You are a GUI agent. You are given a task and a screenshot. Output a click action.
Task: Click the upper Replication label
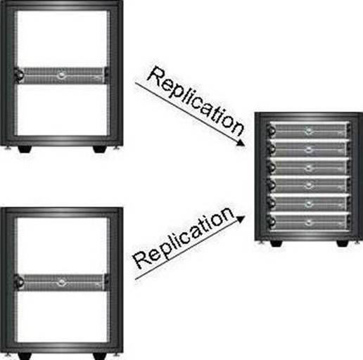(196, 101)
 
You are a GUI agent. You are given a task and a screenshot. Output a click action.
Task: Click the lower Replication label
(184, 238)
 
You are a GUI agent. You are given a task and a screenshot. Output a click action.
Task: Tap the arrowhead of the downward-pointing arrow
(240, 142)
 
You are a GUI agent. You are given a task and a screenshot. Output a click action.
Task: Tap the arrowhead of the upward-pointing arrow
(240, 219)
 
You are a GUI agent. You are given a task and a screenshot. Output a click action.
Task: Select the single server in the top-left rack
(62, 75)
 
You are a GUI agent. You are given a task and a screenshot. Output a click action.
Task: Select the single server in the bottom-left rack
(62, 283)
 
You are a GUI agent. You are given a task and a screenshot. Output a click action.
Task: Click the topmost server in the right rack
(308, 130)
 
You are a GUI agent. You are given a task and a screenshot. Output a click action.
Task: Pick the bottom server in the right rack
(308, 221)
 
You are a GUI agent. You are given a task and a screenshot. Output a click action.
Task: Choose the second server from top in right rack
(308, 148)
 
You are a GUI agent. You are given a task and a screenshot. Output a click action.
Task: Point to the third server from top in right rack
(308, 167)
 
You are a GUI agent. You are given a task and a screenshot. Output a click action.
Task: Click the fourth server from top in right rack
(308, 185)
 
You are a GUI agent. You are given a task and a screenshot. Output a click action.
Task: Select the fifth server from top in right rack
(308, 203)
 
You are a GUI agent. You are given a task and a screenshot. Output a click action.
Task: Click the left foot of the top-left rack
(25, 149)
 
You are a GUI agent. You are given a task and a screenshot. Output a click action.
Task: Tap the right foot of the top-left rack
(100, 149)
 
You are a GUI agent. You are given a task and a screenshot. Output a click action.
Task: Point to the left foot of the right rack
(276, 243)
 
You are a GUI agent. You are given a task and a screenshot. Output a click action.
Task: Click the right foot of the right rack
(343, 243)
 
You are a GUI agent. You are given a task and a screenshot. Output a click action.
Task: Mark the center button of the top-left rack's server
(61, 75)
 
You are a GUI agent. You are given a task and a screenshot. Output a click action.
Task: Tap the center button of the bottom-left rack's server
(61, 282)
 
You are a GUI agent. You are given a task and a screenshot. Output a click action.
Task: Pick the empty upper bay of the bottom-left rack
(62, 245)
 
